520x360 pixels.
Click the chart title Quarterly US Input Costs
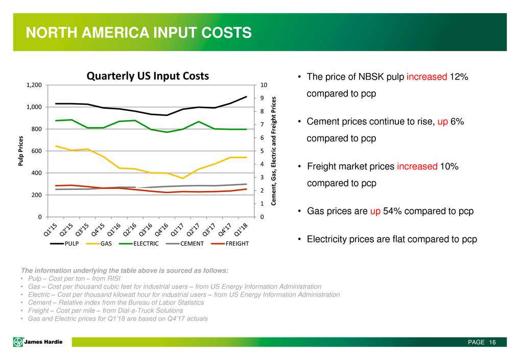click(x=148, y=76)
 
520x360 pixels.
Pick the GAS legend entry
click(x=104, y=244)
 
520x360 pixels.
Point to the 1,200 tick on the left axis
click(x=35, y=85)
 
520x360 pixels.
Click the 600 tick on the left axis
click(x=37, y=151)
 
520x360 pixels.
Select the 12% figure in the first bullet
click(x=459, y=77)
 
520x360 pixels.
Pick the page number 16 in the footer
click(x=492, y=342)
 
